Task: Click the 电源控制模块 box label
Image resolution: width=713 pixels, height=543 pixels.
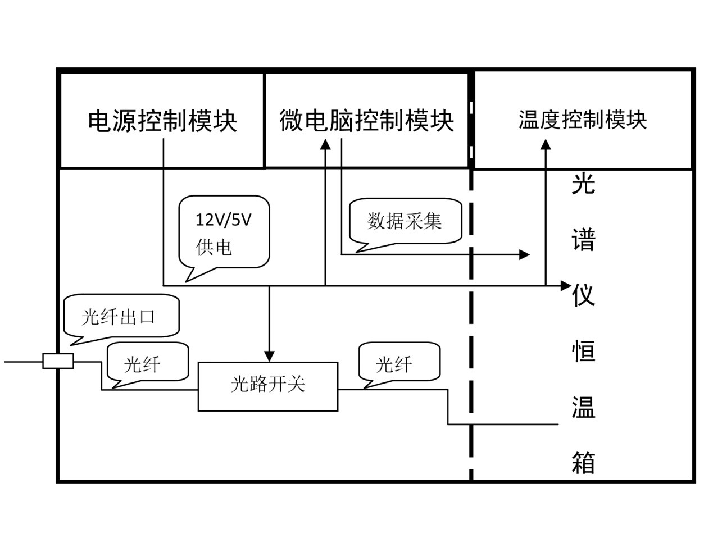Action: click(x=162, y=121)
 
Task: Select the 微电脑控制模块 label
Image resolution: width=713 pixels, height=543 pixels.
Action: click(x=366, y=121)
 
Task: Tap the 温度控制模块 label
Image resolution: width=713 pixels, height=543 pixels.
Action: click(x=583, y=120)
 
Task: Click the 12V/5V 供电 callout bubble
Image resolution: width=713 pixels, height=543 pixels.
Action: click(x=224, y=232)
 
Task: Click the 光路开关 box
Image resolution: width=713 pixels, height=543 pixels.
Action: click(x=268, y=386)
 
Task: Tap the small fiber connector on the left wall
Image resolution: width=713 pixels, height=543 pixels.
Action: click(x=58, y=361)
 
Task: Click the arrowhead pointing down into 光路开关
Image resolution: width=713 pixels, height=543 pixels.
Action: click(x=269, y=356)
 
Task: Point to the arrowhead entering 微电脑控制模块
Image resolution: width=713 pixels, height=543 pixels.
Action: click(x=325, y=145)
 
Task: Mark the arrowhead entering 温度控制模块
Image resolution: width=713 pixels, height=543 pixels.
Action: click(x=546, y=145)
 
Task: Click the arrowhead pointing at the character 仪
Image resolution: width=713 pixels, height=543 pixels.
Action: click(x=566, y=285)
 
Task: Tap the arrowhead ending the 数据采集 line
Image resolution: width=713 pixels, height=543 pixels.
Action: click(x=525, y=255)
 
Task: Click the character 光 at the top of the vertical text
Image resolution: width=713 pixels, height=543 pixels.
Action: click(x=583, y=184)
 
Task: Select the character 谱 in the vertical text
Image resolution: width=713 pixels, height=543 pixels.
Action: click(x=583, y=239)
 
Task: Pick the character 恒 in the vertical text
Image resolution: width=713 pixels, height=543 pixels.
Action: click(x=583, y=351)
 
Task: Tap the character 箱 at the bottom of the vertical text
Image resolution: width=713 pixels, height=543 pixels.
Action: click(x=583, y=463)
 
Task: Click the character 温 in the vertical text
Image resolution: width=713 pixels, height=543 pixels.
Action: click(x=583, y=407)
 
